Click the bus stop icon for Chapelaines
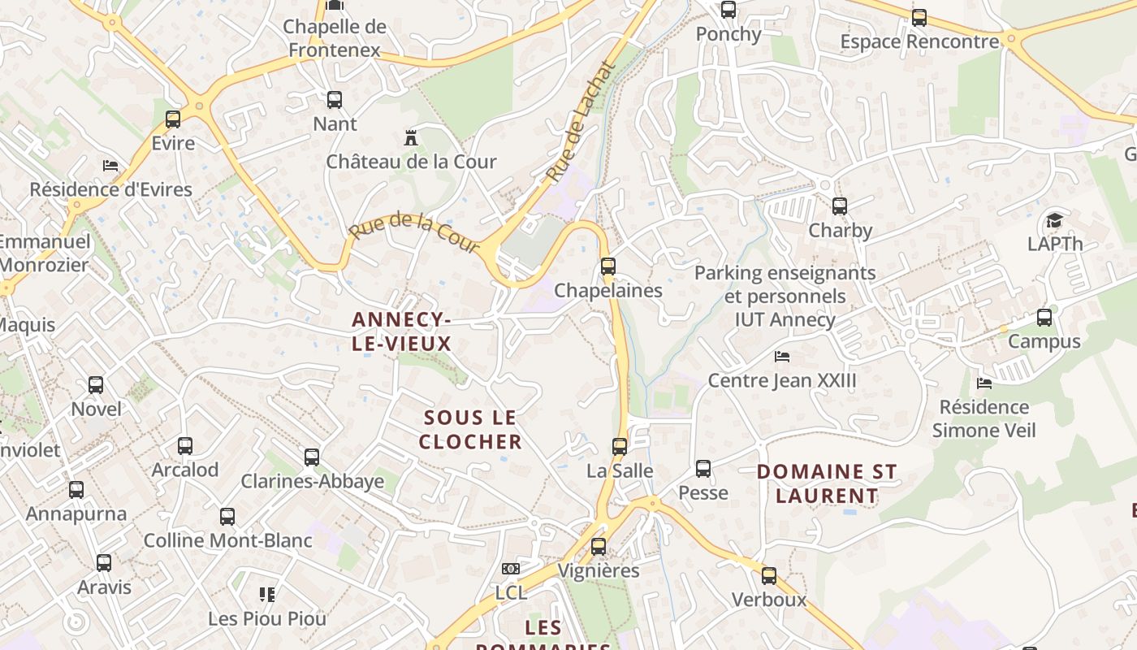pos(607,266)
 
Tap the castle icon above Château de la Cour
pos(411,137)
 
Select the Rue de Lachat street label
pos(581,123)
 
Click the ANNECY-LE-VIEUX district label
pos(401,331)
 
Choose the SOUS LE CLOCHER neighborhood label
pos(471,430)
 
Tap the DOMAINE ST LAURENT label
pos(827,483)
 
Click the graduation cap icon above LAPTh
pos(1054,220)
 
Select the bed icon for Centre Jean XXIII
pos(782,356)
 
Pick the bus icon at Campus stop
pos(1044,318)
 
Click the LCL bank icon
pos(511,569)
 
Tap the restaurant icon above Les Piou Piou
pos(267,595)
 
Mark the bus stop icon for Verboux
pos(768,576)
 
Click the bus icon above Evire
pos(173,119)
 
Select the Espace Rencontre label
pos(919,41)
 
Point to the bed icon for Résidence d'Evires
pos(110,166)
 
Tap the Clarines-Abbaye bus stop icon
pos(312,457)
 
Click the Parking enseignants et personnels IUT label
pos(785,296)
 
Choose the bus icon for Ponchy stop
pos(728,10)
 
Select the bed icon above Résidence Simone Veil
pos(984,383)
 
